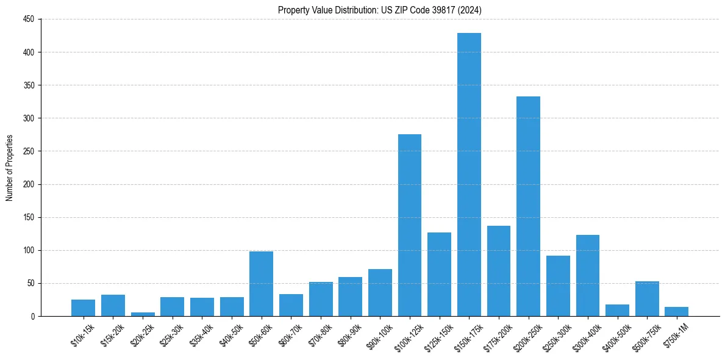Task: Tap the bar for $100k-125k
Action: (410, 225)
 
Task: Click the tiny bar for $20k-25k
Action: (143, 314)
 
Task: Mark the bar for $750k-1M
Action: (676, 312)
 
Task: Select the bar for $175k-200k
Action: (499, 271)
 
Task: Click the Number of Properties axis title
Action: (9, 168)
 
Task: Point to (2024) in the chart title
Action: (472, 10)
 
